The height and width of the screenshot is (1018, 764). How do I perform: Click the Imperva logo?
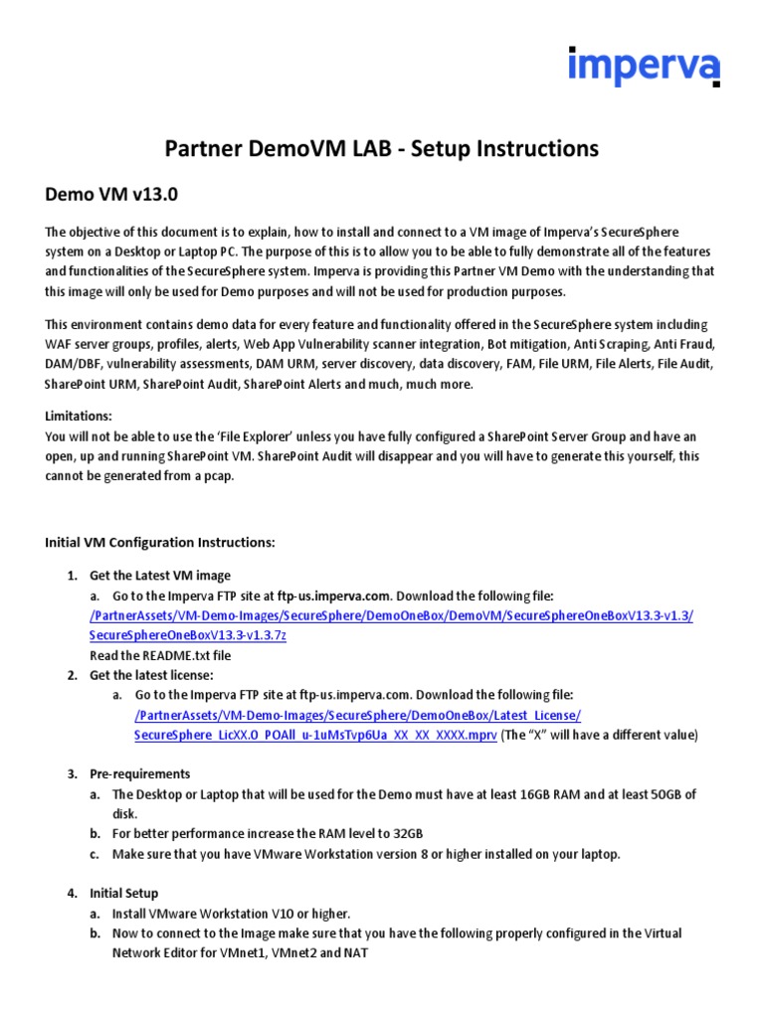(x=644, y=67)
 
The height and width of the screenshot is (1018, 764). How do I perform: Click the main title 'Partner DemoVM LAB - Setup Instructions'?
(x=381, y=149)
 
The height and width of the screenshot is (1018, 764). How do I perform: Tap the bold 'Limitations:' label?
(x=79, y=416)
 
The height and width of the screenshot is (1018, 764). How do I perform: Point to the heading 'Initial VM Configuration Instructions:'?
(x=159, y=542)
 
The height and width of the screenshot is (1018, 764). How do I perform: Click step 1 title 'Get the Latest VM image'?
(x=160, y=576)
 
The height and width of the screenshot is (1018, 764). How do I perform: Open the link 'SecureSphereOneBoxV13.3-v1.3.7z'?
(x=188, y=635)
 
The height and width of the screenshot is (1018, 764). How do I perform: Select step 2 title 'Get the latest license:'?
(x=151, y=675)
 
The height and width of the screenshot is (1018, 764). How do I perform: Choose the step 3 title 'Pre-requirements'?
(x=139, y=774)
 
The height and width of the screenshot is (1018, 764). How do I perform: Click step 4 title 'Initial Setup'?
(x=123, y=893)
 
